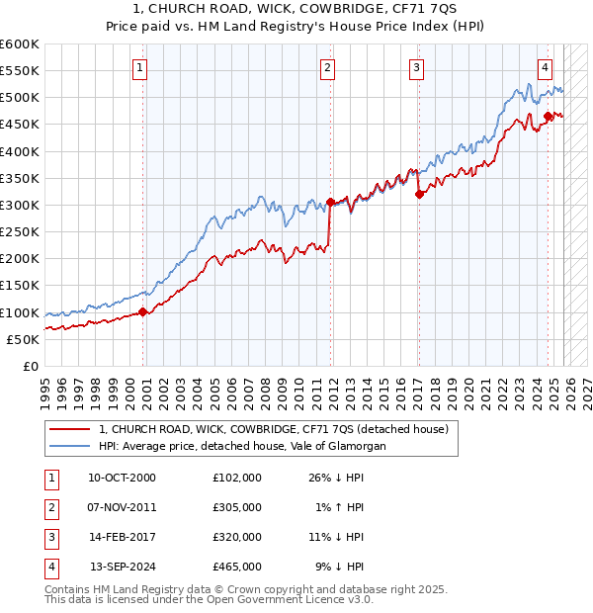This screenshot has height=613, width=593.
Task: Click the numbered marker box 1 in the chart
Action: [x=140, y=68]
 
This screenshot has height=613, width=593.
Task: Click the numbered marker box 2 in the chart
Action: [x=327, y=68]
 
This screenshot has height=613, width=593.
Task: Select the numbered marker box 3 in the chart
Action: [x=417, y=68]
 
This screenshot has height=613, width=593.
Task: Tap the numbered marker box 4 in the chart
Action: [x=545, y=68]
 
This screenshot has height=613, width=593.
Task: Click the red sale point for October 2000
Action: [x=142, y=311]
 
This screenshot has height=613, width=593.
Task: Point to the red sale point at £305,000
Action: [x=330, y=202]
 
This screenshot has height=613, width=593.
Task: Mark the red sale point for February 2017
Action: [x=419, y=194]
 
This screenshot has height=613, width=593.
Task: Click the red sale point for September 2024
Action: [x=548, y=116]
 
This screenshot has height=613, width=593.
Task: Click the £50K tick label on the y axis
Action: [x=23, y=339]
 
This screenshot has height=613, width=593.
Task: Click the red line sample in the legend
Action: [x=69, y=429]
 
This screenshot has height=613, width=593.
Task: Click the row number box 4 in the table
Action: [x=49, y=568]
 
